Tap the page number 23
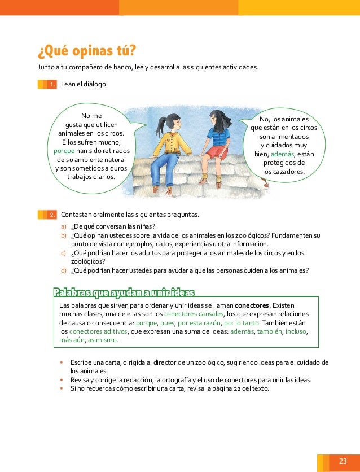343,462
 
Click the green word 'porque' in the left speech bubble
64,151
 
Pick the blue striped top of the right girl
217,136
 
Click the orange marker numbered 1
51,85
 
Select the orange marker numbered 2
51,215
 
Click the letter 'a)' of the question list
64,226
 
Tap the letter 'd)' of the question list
64,270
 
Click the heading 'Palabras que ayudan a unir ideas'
124,292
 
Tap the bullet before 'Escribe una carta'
61,362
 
